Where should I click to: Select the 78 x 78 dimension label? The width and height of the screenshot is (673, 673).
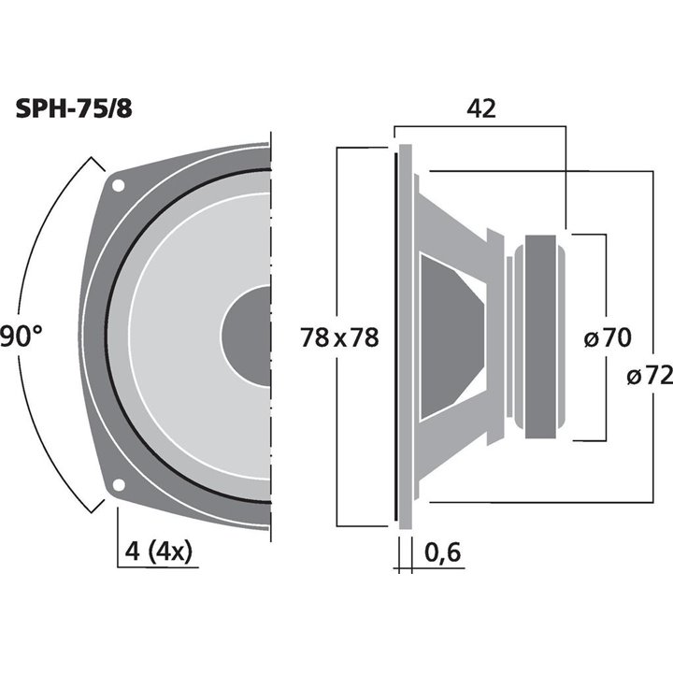tap(339, 337)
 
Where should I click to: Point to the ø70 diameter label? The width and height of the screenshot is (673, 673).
tap(608, 338)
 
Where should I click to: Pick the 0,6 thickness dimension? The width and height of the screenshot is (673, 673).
tap(443, 553)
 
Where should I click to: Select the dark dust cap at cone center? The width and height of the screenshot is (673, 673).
tap(249, 335)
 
